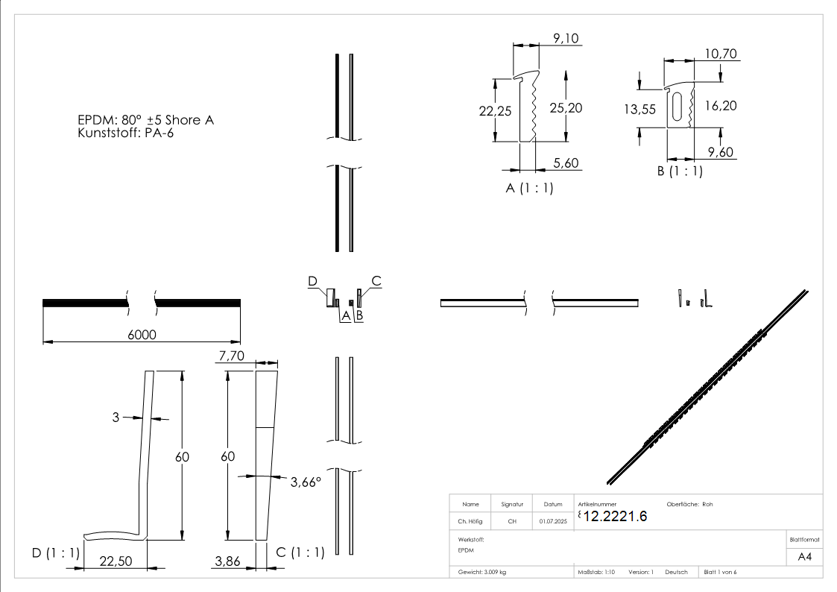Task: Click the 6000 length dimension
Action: coord(142,335)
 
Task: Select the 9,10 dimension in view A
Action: coord(566,39)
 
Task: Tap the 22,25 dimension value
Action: coord(494,110)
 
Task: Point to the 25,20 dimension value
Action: coord(566,108)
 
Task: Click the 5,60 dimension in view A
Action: coord(566,163)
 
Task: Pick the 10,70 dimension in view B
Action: coord(721,54)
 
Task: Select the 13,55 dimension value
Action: coord(639,109)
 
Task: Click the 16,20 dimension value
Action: coord(721,106)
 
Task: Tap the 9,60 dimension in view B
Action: coord(721,152)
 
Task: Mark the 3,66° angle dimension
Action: coord(306,482)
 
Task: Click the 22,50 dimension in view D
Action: coord(116,561)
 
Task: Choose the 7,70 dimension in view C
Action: coord(231,358)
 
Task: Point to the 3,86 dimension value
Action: coord(227,561)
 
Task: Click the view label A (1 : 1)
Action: coord(529,189)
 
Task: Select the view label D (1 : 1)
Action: coord(55,552)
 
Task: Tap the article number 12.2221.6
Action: coord(616,517)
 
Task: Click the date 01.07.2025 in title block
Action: coord(553,522)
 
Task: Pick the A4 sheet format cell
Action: coord(805,556)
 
